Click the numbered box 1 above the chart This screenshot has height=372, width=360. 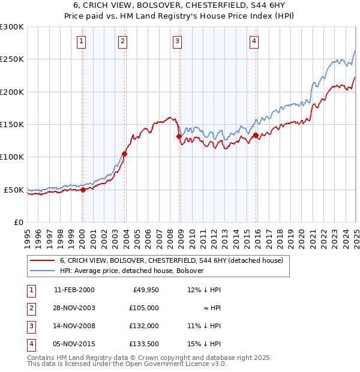[x=81, y=41]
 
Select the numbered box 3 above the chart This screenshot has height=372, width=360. [x=178, y=41]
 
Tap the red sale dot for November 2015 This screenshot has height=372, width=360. [x=256, y=135]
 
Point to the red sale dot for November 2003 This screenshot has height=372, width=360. [x=125, y=154]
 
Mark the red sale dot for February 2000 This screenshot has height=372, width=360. [x=83, y=190]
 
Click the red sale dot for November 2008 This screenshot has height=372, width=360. [x=179, y=136]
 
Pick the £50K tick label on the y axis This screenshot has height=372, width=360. [x=14, y=190]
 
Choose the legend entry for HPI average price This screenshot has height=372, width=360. [x=131, y=271]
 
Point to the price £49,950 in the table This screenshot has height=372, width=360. [x=145, y=289]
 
